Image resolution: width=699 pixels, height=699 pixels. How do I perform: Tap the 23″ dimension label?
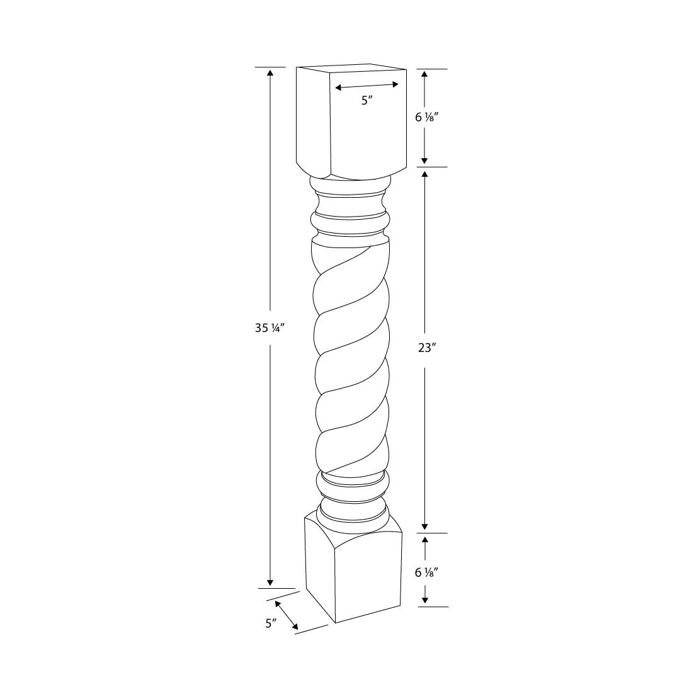[x=426, y=349]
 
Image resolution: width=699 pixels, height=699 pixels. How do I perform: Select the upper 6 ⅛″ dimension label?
[x=426, y=116]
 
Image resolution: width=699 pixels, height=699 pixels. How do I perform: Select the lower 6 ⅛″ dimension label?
[x=426, y=572]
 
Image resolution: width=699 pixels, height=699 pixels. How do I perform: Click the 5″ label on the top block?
[x=367, y=100]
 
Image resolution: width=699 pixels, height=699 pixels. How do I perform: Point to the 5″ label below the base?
[x=271, y=623]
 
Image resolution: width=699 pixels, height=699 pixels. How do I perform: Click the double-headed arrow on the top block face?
[x=367, y=86]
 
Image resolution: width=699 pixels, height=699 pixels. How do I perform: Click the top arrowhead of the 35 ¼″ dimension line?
[x=270, y=71]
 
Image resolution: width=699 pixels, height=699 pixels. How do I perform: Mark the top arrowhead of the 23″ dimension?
[x=425, y=173]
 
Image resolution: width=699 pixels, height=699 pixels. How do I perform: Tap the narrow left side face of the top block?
[x=314, y=120]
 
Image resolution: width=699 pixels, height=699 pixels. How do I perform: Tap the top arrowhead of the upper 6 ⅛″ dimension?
[x=425, y=74]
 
